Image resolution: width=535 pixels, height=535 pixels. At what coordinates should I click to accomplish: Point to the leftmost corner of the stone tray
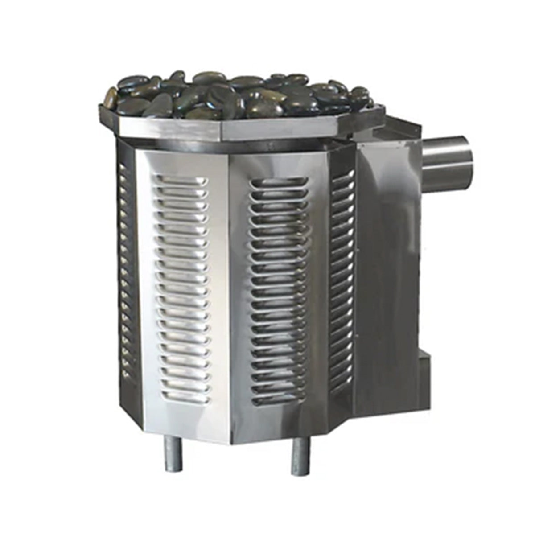pos(101,107)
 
